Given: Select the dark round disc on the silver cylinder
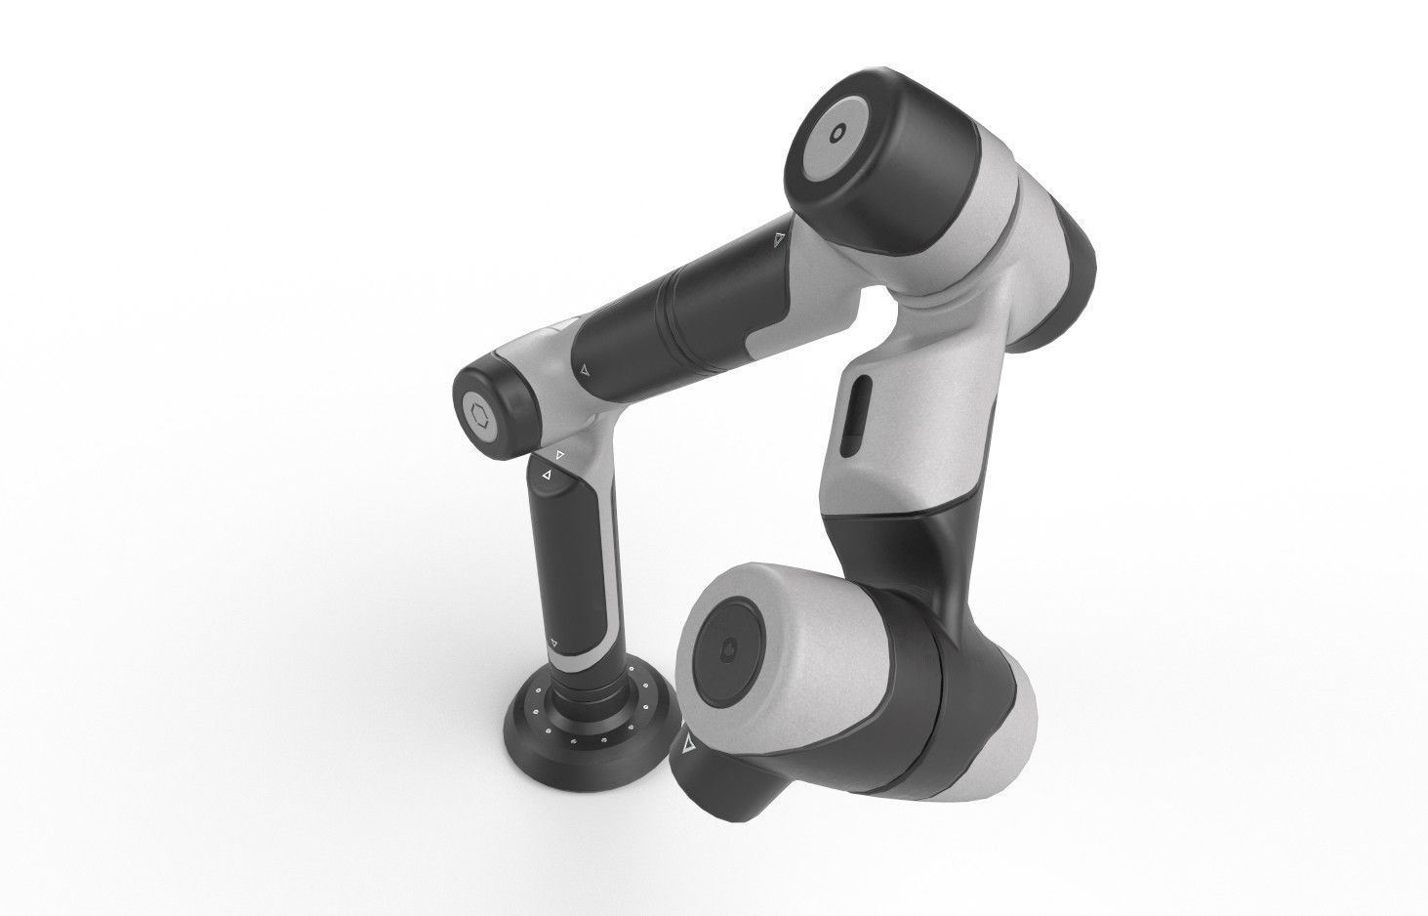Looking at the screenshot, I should click(x=728, y=650).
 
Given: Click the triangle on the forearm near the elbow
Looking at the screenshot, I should click(x=584, y=370).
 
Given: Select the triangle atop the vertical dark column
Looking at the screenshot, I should click(x=546, y=476).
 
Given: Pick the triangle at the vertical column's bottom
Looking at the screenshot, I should click(x=553, y=642).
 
